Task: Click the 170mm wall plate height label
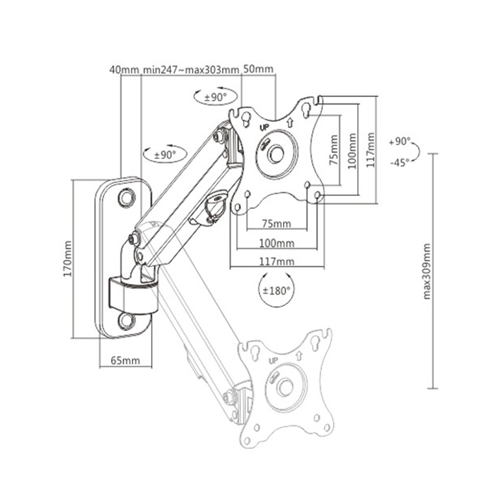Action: tap(68, 259)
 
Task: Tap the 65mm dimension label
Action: tap(125, 360)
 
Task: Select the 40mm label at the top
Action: tap(124, 70)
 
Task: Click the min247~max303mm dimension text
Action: tap(191, 70)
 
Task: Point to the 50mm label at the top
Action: tap(259, 69)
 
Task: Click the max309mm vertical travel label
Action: tap(427, 272)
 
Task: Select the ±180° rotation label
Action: tap(276, 291)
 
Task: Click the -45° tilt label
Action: tap(400, 163)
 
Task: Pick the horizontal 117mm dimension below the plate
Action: tap(277, 262)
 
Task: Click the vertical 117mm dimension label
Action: tap(370, 150)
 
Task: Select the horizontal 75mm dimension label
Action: tap(277, 223)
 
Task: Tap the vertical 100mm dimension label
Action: tap(352, 151)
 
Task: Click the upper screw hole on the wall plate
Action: tap(127, 198)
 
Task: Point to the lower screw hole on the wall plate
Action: tap(127, 321)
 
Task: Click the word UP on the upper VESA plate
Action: tap(264, 127)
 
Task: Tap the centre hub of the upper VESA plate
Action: tap(276, 154)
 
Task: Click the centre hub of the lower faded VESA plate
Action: tap(285, 388)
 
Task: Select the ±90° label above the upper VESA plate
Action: tap(215, 97)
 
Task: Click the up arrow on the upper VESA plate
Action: tap(290, 123)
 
